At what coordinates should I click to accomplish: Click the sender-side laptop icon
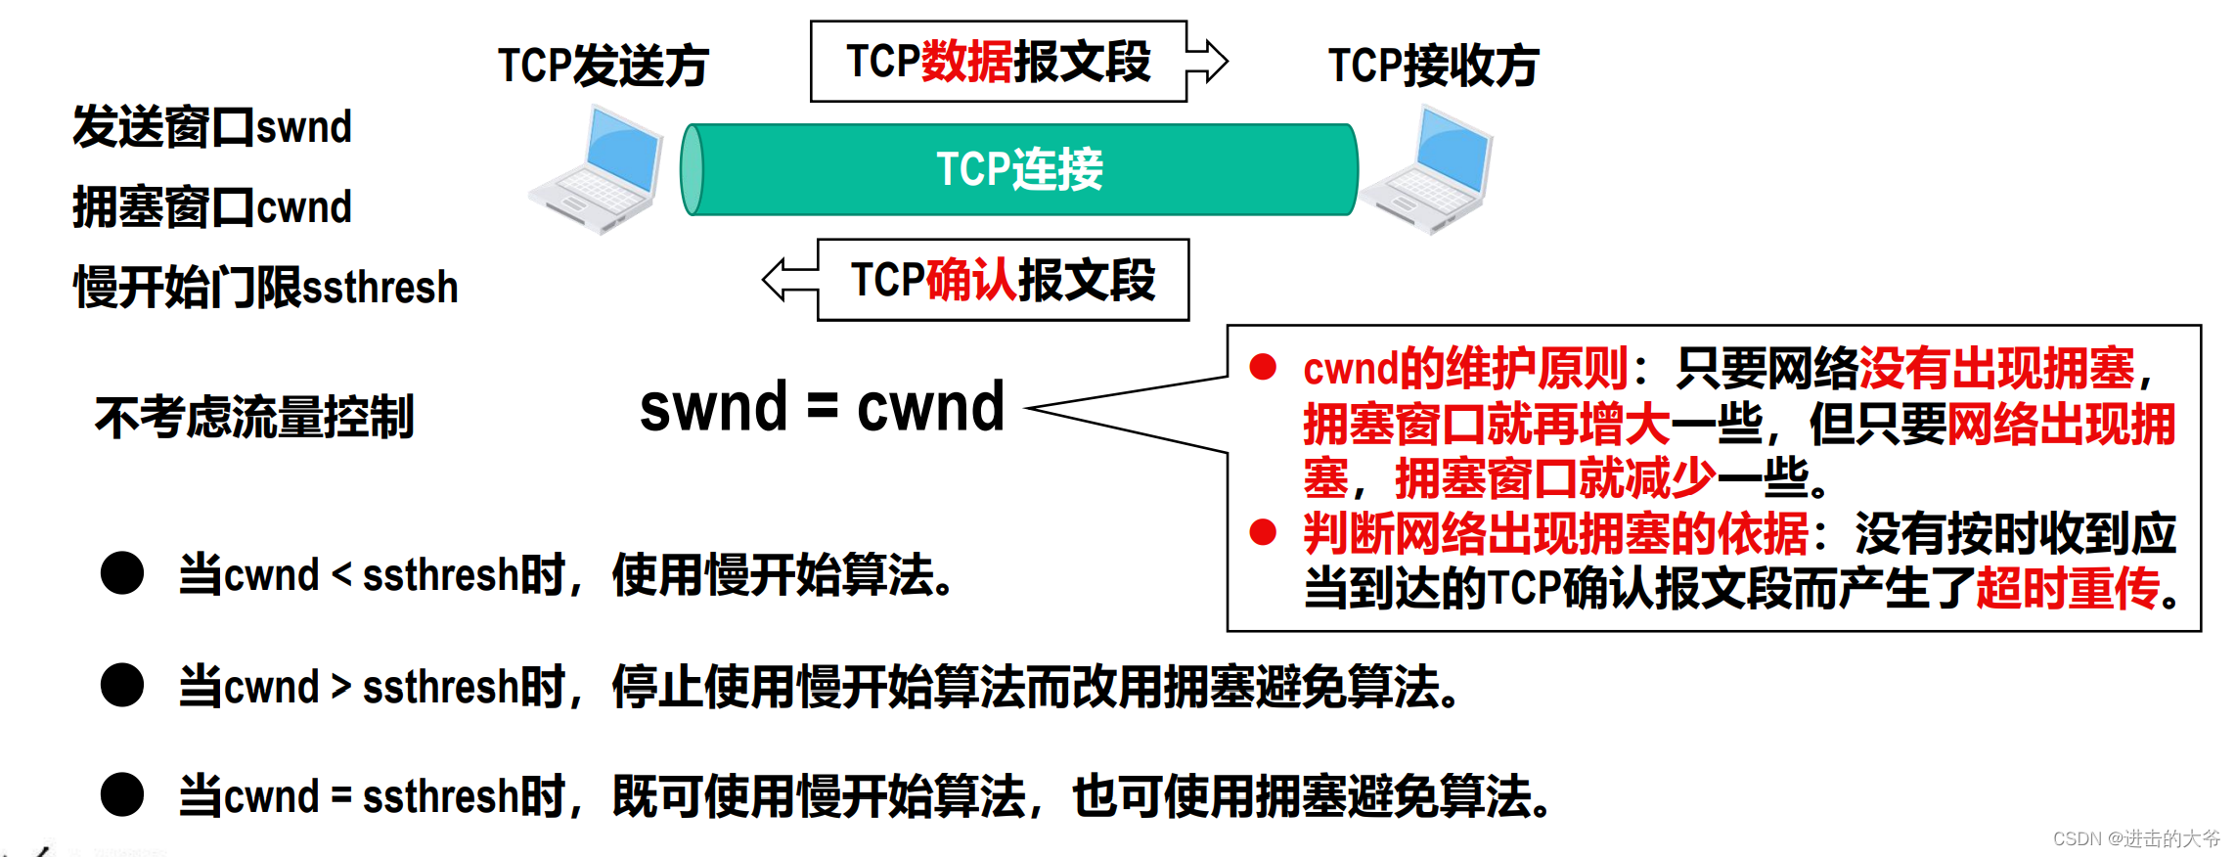[597, 171]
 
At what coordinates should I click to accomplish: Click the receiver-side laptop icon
[1428, 171]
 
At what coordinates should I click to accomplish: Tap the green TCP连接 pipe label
[1019, 169]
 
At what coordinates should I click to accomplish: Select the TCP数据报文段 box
[998, 62]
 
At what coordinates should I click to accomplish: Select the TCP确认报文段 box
[1003, 280]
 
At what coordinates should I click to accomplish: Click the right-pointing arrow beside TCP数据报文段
[1209, 61]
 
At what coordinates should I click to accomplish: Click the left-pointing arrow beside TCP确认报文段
[790, 280]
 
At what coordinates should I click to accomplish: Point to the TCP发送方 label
[603, 66]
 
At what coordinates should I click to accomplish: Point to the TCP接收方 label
[1433, 66]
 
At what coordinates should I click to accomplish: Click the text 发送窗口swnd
[212, 127]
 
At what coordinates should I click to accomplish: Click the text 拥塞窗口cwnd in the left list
[212, 207]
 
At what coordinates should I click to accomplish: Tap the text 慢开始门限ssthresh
[265, 288]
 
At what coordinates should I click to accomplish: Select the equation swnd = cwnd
[822, 407]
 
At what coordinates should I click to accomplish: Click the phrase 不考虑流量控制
[254, 418]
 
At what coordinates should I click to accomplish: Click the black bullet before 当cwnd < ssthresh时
[122, 573]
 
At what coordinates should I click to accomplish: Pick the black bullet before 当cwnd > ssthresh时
[122, 685]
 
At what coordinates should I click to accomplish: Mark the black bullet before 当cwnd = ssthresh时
[122, 794]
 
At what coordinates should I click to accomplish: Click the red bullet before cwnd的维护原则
[1263, 368]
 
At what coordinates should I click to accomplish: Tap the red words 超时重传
[2068, 588]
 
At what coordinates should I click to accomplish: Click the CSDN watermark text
[2136, 838]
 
